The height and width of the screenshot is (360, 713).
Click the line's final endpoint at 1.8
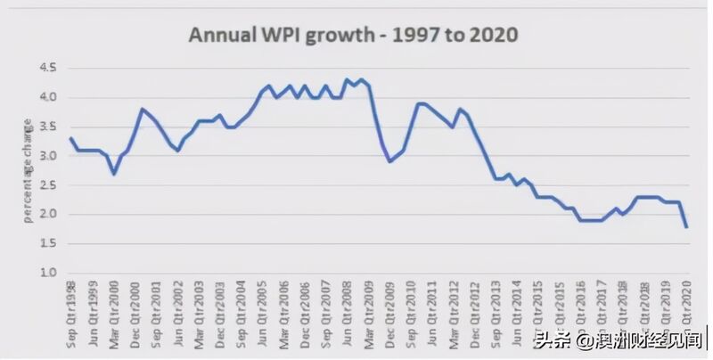click(686, 226)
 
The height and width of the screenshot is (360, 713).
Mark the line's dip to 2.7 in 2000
click(114, 173)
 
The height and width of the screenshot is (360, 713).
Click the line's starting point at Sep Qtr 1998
click(70, 138)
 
